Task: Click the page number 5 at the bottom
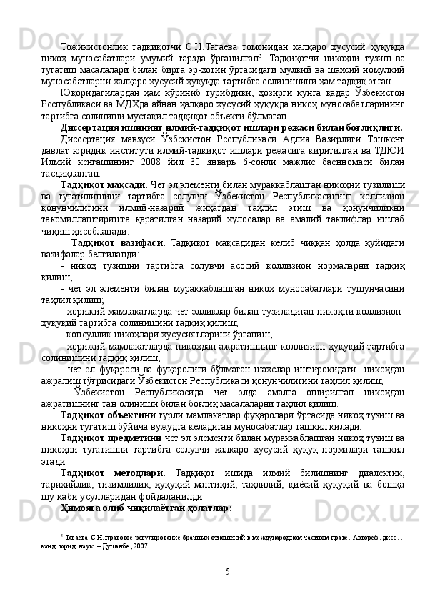click(227, 572)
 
